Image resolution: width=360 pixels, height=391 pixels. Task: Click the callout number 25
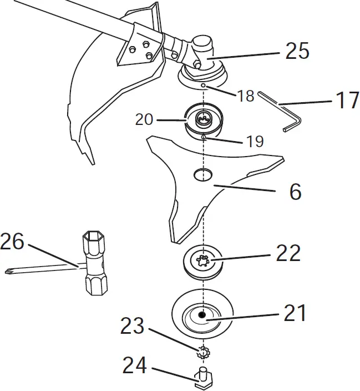[297, 51]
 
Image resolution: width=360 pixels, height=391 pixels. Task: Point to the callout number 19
[254, 141]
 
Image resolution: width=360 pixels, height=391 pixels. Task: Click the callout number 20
[145, 119]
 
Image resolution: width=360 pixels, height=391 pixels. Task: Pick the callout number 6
[295, 192]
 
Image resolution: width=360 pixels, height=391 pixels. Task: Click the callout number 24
[135, 365]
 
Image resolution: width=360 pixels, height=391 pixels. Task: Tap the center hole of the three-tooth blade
[203, 174]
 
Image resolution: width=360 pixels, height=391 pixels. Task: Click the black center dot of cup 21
[203, 315]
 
